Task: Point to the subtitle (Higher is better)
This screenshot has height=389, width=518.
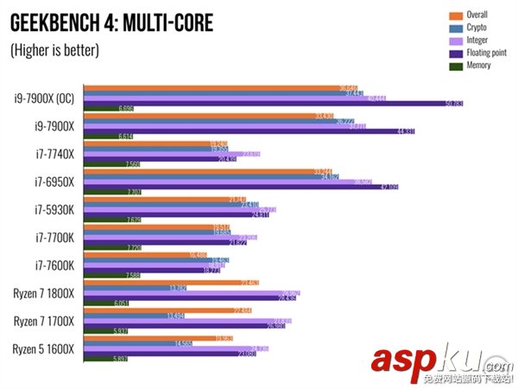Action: [x=55, y=50]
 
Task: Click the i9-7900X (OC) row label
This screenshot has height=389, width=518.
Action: [x=44, y=98]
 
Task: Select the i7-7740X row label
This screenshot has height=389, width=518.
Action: [x=55, y=154]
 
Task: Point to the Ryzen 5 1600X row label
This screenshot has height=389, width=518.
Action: [x=44, y=348]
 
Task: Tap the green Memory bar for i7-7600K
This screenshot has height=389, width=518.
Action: [x=112, y=276]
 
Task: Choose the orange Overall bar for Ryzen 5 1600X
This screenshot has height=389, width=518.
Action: [x=164, y=338]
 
